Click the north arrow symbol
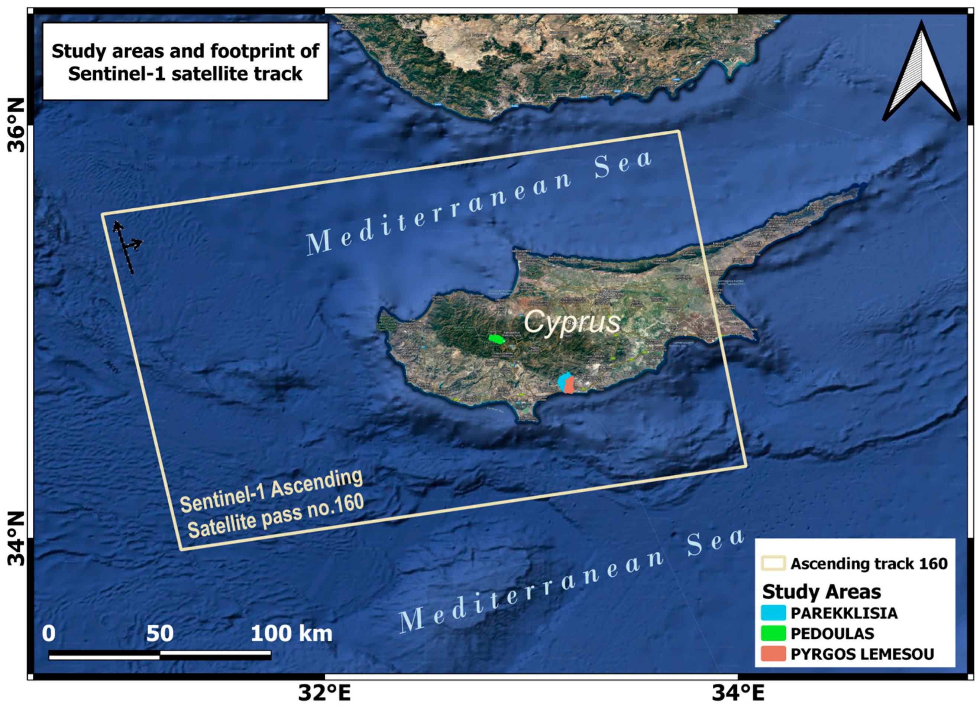[x=921, y=74]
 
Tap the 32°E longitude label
[x=324, y=694]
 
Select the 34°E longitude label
[x=738, y=694]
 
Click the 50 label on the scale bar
[x=160, y=634]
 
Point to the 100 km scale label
[x=292, y=634]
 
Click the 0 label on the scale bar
[x=49, y=634]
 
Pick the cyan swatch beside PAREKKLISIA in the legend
[x=774, y=613]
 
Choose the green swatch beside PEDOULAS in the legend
[x=774, y=634]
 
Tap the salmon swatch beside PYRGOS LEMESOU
[x=774, y=654]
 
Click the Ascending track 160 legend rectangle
[x=774, y=564]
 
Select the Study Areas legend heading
[x=821, y=592]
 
